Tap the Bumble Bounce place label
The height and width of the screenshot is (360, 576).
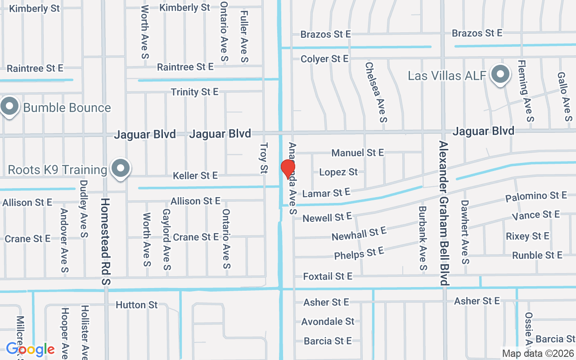pyautogui.click(x=67, y=108)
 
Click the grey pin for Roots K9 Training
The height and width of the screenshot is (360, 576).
pyautogui.click(x=120, y=169)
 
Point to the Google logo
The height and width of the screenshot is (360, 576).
pyautogui.click(x=30, y=349)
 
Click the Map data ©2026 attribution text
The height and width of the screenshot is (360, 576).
pyautogui.click(x=538, y=353)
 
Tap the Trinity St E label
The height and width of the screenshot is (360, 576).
pyautogui.click(x=194, y=92)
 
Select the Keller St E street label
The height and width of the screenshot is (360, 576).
pyautogui.click(x=195, y=175)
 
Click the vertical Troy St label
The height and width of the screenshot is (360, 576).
pyautogui.click(x=264, y=158)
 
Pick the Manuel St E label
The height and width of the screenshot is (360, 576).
pyautogui.click(x=358, y=153)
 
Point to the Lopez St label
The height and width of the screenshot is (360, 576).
pyautogui.click(x=338, y=172)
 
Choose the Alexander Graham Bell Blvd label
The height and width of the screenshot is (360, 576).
pyautogui.click(x=444, y=213)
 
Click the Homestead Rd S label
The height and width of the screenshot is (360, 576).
pyautogui.click(x=106, y=241)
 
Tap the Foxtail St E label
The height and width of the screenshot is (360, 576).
pyautogui.click(x=328, y=276)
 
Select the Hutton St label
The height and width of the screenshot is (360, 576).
pyautogui.click(x=137, y=305)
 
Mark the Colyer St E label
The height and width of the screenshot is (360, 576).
pyautogui.click(x=324, y=59)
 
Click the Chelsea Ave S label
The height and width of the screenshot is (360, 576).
pyautogui.click(x=376, y=92)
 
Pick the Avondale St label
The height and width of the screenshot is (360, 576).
pyautogui.click(x=328, y=322)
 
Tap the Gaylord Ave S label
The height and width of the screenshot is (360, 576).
pyautogui.click(x=166, y=239)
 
